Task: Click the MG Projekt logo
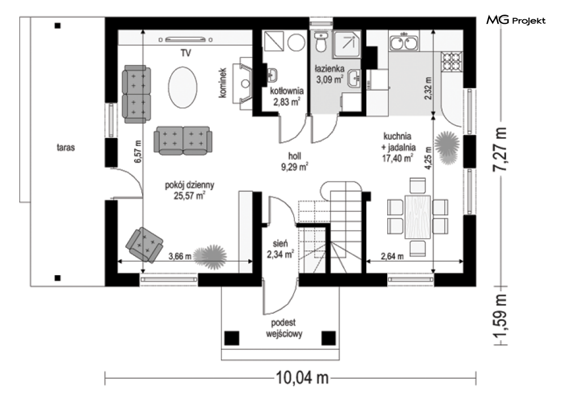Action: point(516,20)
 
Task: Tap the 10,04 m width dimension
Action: point(302,378)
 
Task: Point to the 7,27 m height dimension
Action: point(500,149)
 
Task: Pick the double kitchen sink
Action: point(404,42)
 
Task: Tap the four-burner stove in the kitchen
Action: point(452,61)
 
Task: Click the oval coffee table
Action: point(183,87)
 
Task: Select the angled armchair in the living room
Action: point(144,244)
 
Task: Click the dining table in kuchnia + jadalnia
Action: point(418,217)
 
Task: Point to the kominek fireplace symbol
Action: point(243,83)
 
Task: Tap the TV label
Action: point(185,53)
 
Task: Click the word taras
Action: point(66,147)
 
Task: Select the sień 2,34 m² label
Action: point(280,249)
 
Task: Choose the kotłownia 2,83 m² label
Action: point(287,96)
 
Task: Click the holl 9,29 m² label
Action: point(295,161)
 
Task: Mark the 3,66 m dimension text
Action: point(180,256)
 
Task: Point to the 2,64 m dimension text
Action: point(392,256)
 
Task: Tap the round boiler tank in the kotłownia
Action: point(297,42)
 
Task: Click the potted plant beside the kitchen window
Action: point(447,147)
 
